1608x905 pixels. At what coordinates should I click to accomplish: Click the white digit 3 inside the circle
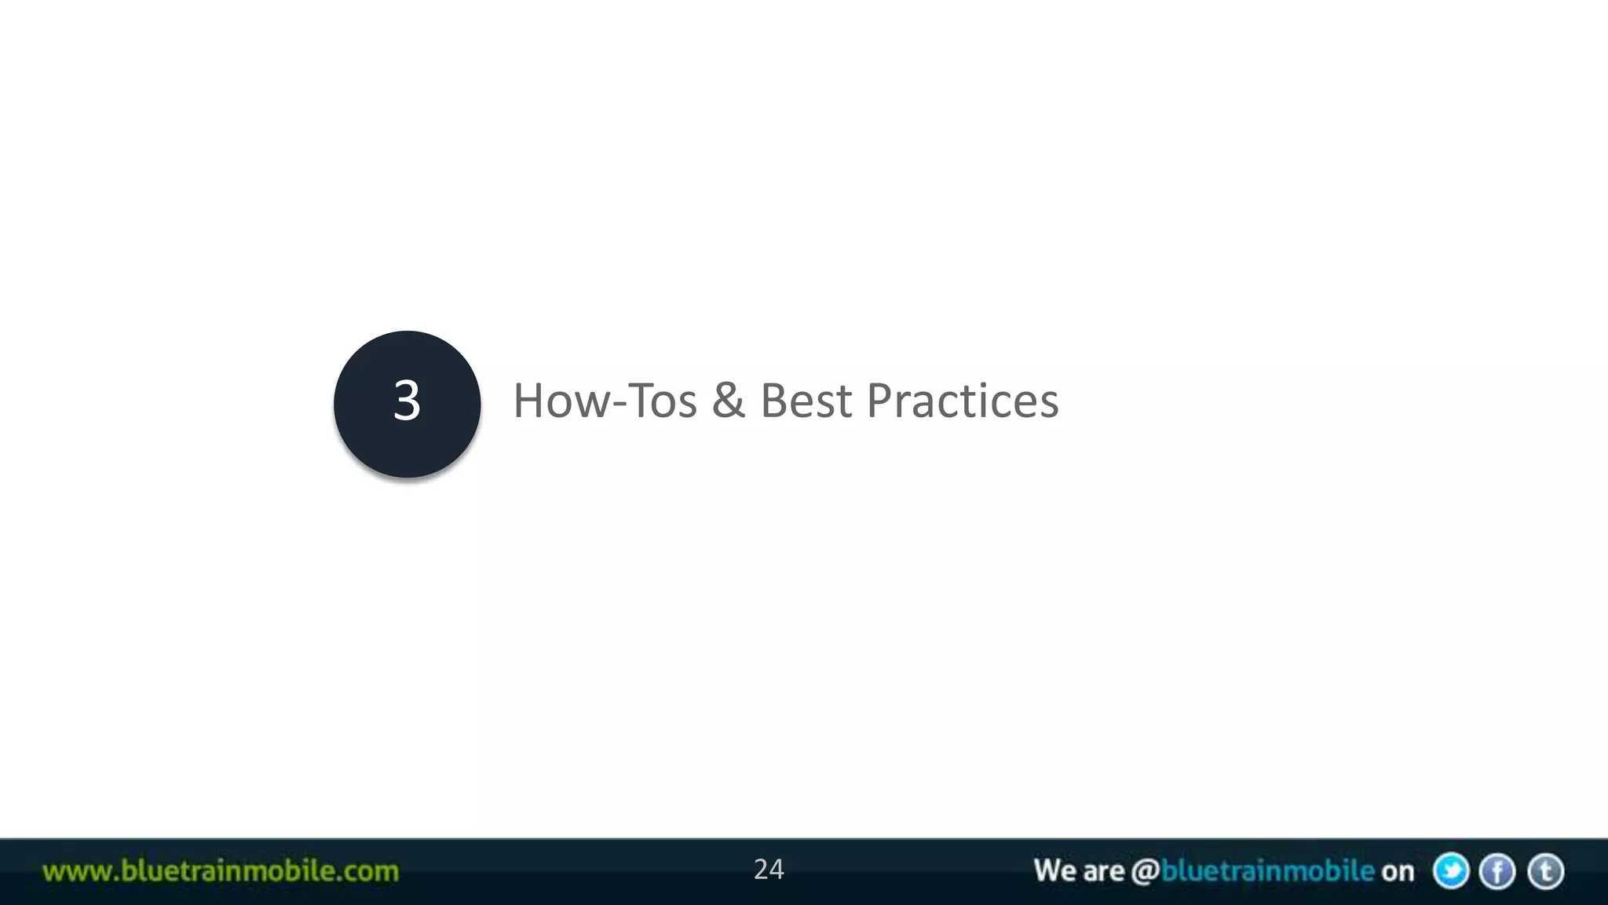tap(407, 401)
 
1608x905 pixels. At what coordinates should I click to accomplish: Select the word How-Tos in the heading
tap(605, 401)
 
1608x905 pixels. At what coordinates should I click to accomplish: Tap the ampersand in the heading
tap(728, 401)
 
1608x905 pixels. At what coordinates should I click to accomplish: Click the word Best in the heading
tap(806, 401)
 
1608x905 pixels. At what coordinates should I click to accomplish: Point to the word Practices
tap(962, 401)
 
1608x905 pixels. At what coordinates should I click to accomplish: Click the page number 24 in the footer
tap(768, 870)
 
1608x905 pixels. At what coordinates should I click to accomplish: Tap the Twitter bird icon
tap(1450, 871)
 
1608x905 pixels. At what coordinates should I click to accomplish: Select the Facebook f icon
tap(1497, 871)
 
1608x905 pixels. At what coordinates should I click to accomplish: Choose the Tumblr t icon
tap(1545, 871)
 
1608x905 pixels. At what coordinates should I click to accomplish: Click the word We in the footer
tap(1054, 870)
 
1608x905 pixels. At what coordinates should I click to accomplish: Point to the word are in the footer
tap(1103, 872)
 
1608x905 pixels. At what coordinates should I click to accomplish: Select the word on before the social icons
tap(1397, 872)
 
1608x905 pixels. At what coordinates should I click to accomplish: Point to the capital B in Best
tap(773, 401)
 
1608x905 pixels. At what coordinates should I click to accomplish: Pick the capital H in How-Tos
tap(528, 401)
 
